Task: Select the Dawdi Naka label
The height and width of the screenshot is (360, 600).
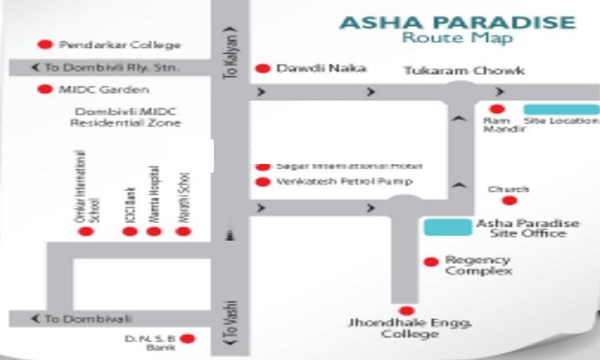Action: point(320,68)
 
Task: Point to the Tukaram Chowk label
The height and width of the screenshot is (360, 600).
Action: point(464,71)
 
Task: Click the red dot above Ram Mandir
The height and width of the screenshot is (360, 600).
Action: point(496,109)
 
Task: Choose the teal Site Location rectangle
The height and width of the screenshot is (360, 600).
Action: point(561,109)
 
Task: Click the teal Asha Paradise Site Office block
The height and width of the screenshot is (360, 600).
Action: point(448,227)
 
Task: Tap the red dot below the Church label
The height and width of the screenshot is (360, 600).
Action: point(509,201)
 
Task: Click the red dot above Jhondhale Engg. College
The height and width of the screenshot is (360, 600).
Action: point(406,311)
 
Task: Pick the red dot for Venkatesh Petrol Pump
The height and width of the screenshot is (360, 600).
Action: point(262,182)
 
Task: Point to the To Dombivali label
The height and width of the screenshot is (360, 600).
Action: point(83,319)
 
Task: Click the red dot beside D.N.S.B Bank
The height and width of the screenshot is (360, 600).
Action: point(188,339)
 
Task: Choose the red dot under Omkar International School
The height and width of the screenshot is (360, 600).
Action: point(86,231)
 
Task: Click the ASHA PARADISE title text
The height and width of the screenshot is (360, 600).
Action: point(457,23)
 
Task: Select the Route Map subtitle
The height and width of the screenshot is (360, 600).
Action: point(457,38)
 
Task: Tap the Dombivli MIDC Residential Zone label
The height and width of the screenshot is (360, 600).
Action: point(125,117)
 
